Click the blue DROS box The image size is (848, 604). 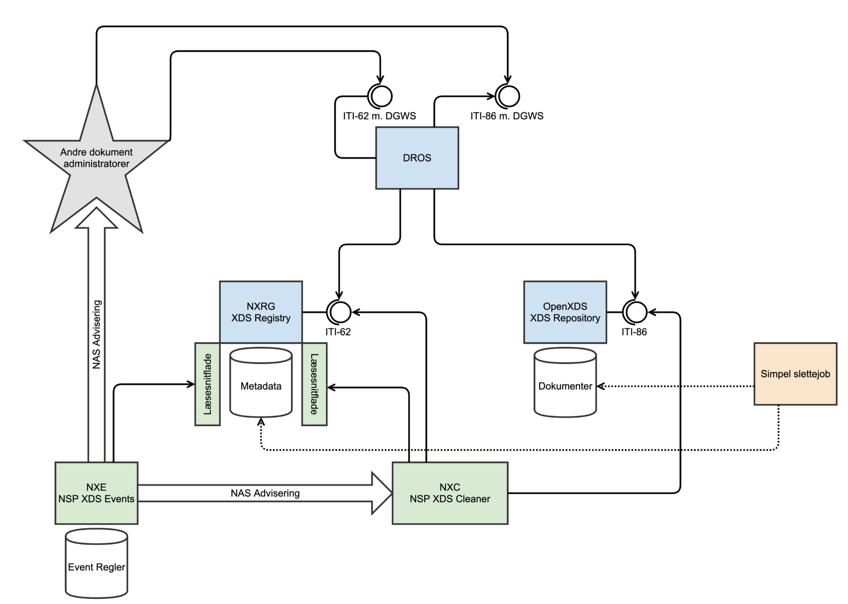tap(417, 158)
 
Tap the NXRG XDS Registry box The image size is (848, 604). tap(260, 312)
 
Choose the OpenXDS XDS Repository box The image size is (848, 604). tap(565, 312)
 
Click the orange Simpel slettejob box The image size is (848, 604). tap(795, 374)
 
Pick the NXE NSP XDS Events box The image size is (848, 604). tap(96, 493)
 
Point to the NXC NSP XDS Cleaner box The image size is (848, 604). tap(450, 493)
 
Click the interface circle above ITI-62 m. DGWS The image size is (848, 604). tap(380, 96)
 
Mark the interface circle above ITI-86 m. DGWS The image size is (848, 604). tap(508, 96)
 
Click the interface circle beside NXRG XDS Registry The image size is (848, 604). tap(339, 312)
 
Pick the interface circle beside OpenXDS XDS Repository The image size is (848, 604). tap(635, 312)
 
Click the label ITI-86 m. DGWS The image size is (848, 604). tap(507, 116)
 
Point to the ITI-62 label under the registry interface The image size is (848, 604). tap(338, 332)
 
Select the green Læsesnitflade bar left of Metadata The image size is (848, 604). tap(207, 384)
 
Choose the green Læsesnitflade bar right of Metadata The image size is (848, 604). tap(314, 384)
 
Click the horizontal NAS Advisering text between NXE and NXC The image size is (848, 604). tap(265, 493)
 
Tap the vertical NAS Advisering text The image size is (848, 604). tap(97, 334)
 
